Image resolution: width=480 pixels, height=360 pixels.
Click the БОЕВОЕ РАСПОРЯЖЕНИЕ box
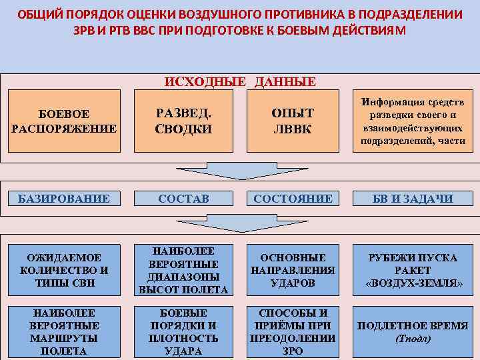(x=64, y=121)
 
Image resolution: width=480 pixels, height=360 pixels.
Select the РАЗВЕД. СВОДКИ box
(x=183, y=121)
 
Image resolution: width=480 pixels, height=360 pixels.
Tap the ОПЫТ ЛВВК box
(x=293, y=121)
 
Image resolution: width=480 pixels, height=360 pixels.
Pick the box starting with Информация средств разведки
(x=413, y=121)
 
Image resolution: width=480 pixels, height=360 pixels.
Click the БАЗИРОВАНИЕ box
(x=64, y=198)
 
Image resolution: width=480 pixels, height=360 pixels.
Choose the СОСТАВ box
(x=183, y=198)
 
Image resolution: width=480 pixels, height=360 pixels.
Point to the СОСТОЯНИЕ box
(x=293, y=198)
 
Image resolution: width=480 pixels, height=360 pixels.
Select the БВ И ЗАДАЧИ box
(x=413, y=198)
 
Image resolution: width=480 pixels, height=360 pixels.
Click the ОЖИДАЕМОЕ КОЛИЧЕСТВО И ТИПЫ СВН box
(x=64, y=271)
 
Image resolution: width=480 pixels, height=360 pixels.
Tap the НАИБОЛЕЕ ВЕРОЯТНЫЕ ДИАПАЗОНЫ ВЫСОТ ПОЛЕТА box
(x=183, y=271)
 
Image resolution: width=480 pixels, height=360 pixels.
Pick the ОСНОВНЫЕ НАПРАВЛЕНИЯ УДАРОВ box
(x=293, y=271)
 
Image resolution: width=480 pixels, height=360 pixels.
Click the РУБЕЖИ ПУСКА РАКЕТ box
(x=413, y=271)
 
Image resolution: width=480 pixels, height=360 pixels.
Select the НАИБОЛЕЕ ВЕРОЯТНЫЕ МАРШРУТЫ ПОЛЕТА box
(x=64, y=331)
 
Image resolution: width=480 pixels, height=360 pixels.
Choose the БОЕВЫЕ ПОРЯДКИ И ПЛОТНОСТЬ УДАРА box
(x=183, y=331)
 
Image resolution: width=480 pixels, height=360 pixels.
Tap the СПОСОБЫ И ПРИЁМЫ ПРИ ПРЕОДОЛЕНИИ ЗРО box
(x=293, y=331)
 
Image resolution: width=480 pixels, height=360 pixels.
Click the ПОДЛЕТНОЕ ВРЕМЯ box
(x=413, y=331)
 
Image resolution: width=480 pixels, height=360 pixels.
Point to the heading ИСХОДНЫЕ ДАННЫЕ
(x=240, y=82)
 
